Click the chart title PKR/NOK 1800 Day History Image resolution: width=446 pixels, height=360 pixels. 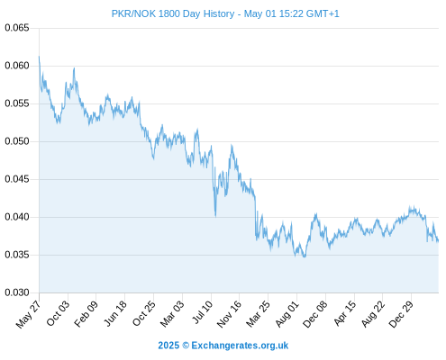173,13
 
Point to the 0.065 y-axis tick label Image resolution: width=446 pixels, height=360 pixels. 17,28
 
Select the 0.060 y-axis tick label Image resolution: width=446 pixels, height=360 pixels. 17,66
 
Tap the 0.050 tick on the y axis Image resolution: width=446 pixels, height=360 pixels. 17,141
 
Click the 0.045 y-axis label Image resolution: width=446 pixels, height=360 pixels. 17,179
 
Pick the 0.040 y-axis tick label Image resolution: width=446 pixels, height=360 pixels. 17,217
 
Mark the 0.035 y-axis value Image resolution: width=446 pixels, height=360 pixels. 17,255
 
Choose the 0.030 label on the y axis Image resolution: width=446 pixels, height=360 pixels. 17,292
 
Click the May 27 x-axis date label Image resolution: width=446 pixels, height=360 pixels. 28,314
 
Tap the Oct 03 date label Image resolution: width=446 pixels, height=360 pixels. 58,313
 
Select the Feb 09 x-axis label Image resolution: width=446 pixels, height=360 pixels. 86,314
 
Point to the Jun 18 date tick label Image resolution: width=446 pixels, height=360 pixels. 115,313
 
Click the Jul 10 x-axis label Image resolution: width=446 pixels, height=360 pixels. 202,312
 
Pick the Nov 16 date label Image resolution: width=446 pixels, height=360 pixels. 229,314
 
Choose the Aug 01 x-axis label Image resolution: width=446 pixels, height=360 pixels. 287,314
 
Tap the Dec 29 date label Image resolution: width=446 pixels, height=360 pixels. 401,314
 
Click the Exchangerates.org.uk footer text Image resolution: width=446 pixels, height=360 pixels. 240,346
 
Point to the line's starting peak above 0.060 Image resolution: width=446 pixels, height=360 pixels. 39,57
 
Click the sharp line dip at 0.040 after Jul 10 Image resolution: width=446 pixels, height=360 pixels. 215,216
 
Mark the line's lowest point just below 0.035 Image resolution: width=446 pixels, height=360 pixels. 305,256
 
